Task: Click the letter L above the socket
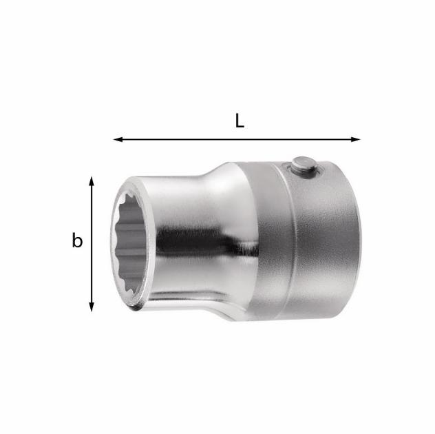[240, 121]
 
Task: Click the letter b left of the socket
[77, 240]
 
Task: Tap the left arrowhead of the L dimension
[118, 139]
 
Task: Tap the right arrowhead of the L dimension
[356, 139]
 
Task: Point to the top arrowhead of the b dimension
[92, 180]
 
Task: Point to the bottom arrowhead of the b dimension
[92, 307]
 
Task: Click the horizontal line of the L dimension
[237, 139]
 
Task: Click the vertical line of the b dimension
[92, 244]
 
